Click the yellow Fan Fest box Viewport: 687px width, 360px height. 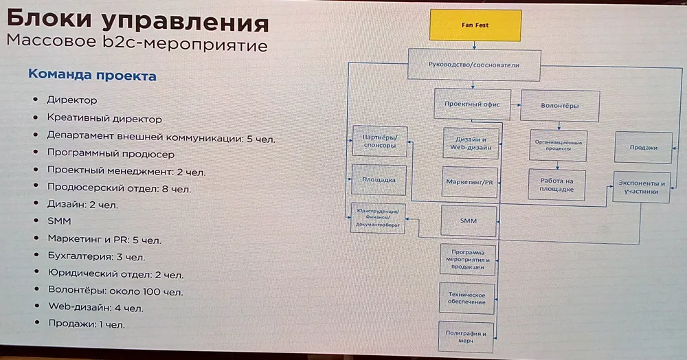tap(475, 25)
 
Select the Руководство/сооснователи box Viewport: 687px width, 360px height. tap(474, 65)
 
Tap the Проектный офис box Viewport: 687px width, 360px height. tap(472, 105)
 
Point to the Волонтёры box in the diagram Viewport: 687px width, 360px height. tap(560, 106)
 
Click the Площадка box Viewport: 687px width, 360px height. tap(379, 180)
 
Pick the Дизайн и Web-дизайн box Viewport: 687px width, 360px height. tap(470, 143)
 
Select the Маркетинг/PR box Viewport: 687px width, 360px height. tap(470, 182)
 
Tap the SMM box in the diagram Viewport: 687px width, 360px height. tap(469, 221)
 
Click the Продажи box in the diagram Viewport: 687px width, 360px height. tap(643, 147)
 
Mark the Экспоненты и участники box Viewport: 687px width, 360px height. tap(641, 188)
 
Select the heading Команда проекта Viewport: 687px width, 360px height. tap(91, 76)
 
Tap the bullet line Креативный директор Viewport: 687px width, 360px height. tap(104, 119)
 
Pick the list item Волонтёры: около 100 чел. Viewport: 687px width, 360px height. tap(115, 291)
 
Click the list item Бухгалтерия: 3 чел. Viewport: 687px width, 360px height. tap(96, 257)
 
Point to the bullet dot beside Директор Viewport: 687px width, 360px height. tap(35, 100)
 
